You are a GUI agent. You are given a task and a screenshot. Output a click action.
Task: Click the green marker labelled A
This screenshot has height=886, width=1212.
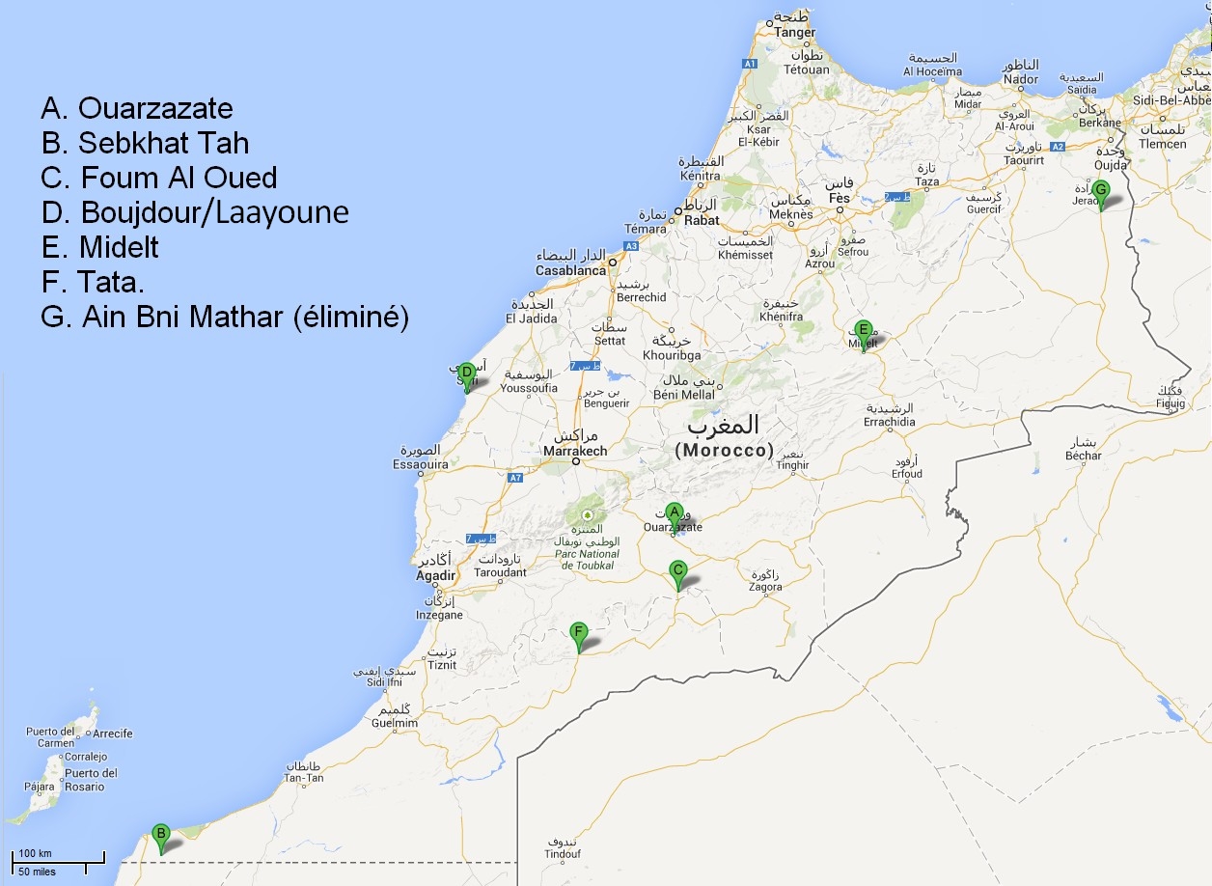tap(675, 513)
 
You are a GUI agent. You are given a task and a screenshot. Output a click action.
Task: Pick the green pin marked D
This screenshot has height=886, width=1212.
tap(466, 374)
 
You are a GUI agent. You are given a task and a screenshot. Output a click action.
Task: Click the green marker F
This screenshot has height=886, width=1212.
tap(578, 635)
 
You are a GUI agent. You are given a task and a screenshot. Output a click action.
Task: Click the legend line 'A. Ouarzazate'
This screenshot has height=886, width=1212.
tap(137, 108)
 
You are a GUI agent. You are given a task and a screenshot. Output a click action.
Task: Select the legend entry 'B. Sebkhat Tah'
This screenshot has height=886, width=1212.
tap(146, 143)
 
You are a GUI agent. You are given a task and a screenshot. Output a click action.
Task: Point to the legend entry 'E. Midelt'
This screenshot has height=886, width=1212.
tap(100, 247)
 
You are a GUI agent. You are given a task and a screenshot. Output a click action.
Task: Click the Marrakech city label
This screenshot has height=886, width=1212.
tap(575, 451)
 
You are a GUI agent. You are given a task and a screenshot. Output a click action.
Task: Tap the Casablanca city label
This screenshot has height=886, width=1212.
tap(571, 270)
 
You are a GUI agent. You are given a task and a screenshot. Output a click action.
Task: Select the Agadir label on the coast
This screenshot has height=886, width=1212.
tap(435, 576)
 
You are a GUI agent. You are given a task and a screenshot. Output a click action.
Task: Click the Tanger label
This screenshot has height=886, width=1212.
tap(794, 32)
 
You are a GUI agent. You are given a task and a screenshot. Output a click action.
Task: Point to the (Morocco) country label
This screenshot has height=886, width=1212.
tap(725, 450)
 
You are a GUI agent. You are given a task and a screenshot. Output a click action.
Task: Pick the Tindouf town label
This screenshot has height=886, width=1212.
tap(562, 853)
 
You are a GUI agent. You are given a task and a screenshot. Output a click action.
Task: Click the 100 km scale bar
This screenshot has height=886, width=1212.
tap(58, 859)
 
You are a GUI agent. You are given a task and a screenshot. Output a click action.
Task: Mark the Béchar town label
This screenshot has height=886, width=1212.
tap(1083, 456)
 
